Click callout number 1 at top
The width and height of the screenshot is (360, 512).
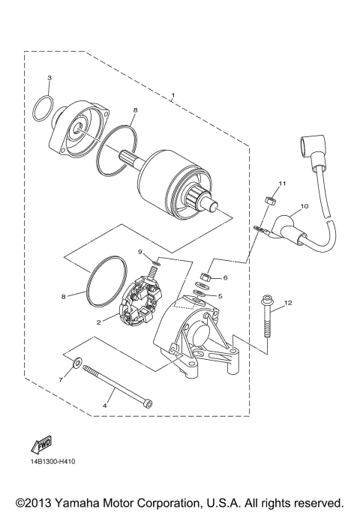pyautogui.click(x=172, y=95)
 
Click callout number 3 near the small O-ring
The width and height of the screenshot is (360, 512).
pyautogui.click(x=49, y=78)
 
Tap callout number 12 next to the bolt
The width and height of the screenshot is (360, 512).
pyautogui.click(x=287, y=303)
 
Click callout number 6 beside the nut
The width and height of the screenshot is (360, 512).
pyautogui.click(x=224, y=277)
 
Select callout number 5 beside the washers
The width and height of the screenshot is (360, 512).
pyautogui.click(x=220, y=295)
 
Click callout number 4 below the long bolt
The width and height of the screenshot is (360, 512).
pyautogui.click(x=103, y=406)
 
